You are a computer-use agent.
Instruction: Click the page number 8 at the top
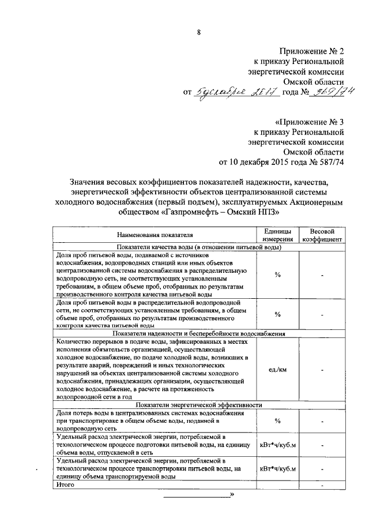[198, 33]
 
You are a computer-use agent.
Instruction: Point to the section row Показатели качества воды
[198, 247]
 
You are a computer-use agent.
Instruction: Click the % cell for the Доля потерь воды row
[277, 421]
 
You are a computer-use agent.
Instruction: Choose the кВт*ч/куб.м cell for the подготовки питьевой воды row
[277, 445]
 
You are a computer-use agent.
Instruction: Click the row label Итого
[63, 485]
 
